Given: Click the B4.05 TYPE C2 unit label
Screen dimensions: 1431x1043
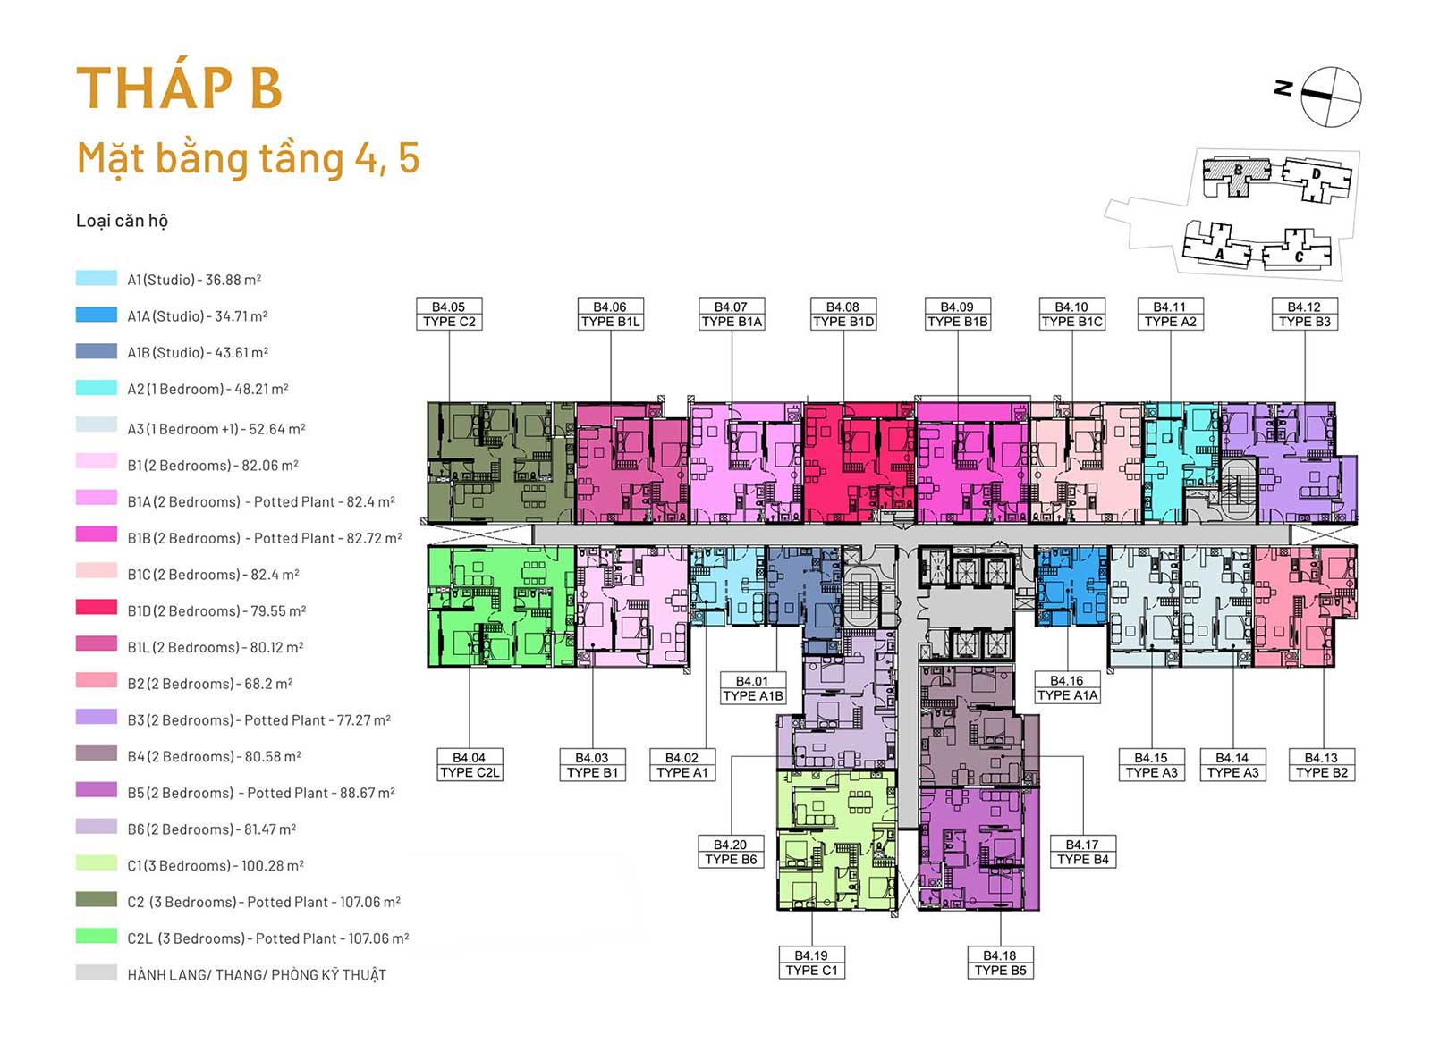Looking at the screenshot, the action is pyautogui.click(x=449, y=314).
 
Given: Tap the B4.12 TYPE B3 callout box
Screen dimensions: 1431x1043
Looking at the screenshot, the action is pyautogui.click(x=1305, y=314).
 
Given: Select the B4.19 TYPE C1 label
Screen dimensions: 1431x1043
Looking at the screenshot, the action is pyautogui.click(x=811, y=963).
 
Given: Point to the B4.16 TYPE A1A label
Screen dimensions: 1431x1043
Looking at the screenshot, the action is pyautogui.click(x=1067, y=687).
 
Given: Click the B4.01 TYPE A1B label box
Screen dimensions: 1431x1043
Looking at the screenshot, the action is pyautogui.click(x=752, y=688).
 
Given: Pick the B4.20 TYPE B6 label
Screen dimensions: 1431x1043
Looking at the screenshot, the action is pyautogui.click(x=731, y=852).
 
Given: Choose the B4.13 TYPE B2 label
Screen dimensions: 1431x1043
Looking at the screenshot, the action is pyautogui.click(x=1322, y=765).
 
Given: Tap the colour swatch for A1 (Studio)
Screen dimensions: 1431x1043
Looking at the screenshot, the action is pyautogui.click(x=97, y=278).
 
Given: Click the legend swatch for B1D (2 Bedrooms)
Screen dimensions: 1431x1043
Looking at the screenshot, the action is pyautogui.click(x=97, y=607).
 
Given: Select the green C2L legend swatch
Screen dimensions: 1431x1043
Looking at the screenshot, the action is pyautogui.click(x=97, y=936).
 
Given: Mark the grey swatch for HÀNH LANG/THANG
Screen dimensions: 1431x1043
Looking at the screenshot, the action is pyautogui.click(x=97, y=972).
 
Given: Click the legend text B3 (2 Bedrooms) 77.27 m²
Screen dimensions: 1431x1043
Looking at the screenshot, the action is pyautogui.click(x=258, y=720).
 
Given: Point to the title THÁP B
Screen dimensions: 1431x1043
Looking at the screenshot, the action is pyautogui.click(x=179, y=88).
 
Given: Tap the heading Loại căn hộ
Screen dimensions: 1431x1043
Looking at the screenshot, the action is pyautogui.click(x=122, y=221).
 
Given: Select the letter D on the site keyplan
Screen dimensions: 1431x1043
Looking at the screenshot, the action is pyautogui.click(x=1316, y=173).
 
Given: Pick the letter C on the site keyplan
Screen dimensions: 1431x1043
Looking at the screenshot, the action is pyautogui.click(x=1299, y=257).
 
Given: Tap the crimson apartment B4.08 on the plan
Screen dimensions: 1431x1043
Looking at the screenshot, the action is pyautogui.click(x=859, y=463).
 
